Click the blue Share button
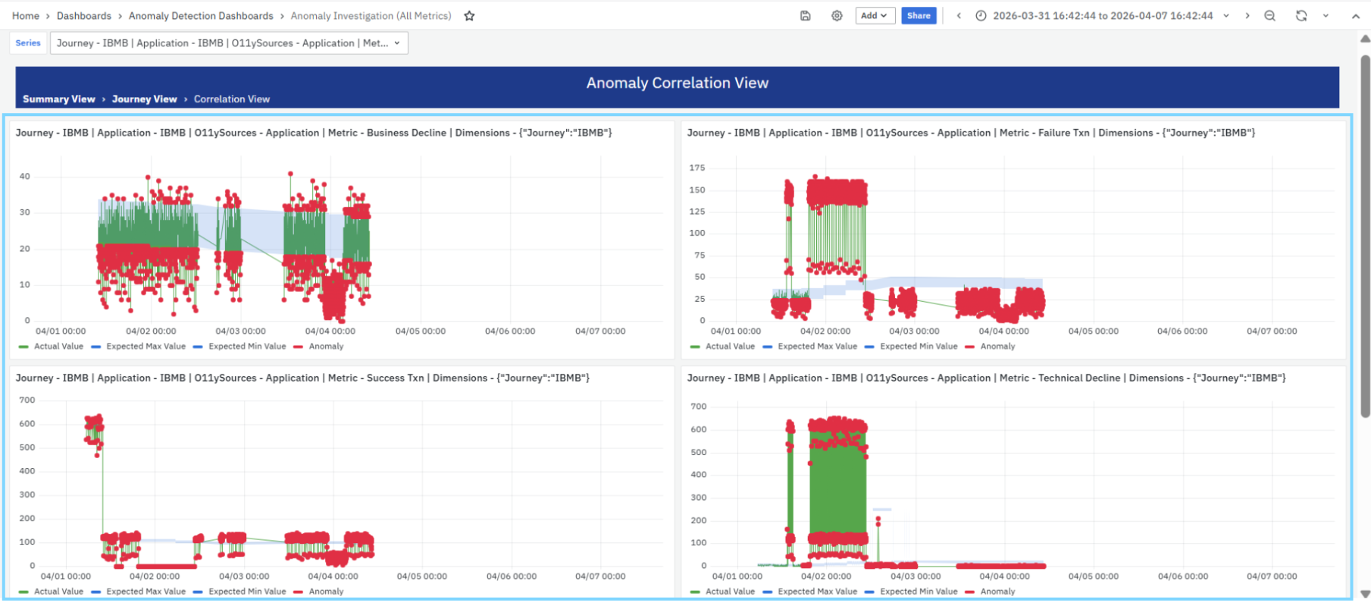click(919, 16)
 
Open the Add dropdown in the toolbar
click(875, 16)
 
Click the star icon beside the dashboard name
click(469, 16)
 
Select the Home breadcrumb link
click(26, 16)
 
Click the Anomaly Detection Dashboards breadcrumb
click(201, 16)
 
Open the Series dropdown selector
click(229, 43)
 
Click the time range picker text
click(1103, 16)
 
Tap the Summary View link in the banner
click(59, 99)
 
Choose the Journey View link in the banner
click(144, 99)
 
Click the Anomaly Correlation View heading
click(678, 83)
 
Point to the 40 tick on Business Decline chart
click(25, 177)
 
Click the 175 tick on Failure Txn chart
click(697, 168)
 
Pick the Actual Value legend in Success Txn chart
click(51, 592)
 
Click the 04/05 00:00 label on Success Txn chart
click(422, 576)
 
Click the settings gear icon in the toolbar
click(837, 16)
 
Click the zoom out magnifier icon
click(1269, 16)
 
